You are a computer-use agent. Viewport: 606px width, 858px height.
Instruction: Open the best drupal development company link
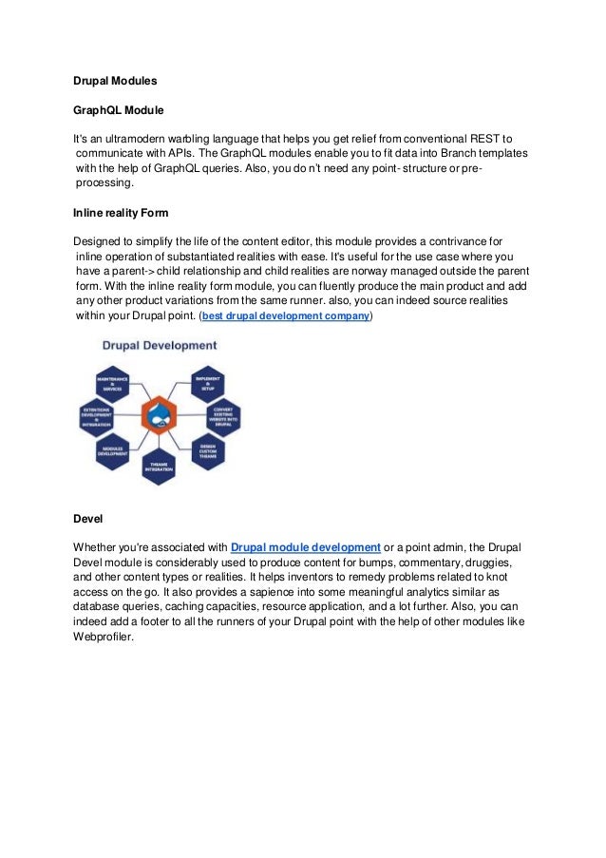coord(286,315)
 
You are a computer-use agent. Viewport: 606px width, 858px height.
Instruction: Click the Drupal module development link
coord(306,547)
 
